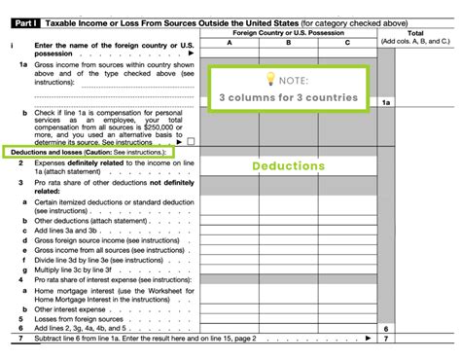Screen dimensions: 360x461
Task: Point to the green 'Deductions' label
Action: pos(288,166)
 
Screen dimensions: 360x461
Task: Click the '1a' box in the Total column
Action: pos(387,102)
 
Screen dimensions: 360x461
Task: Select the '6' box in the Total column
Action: pos(387,330)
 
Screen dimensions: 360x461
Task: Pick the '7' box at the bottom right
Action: pos(387,342)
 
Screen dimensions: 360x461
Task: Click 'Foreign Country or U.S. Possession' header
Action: pos(289,32)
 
